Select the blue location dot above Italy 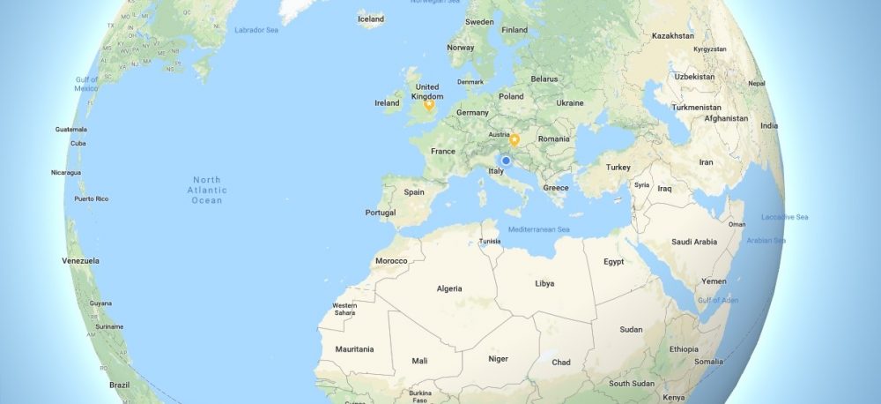point(506,161)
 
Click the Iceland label point(371,19)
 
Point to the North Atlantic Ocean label point(208,190)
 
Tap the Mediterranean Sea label point(538,229)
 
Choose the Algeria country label point(450,288)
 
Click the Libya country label point(544,283)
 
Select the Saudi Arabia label point(693,242)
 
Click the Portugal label point(380,213)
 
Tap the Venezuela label point(80,261)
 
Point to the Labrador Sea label point(255,30)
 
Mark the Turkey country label point(618,167)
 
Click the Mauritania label point(354,349)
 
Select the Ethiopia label point(684,349)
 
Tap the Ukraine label point(569,103)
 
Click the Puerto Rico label point(91,198)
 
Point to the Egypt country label point(614,262)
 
